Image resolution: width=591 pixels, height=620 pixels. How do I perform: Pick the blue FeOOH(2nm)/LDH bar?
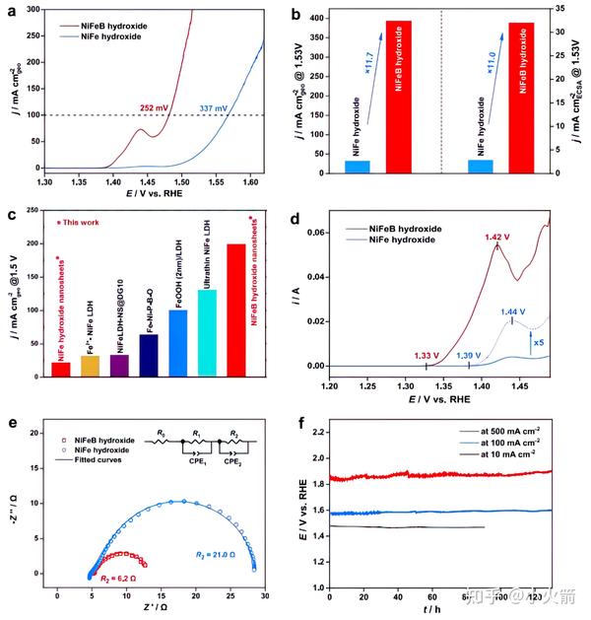[x=177, y=342]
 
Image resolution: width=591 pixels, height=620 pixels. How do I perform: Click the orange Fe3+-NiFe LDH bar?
[x=90, y=366]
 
